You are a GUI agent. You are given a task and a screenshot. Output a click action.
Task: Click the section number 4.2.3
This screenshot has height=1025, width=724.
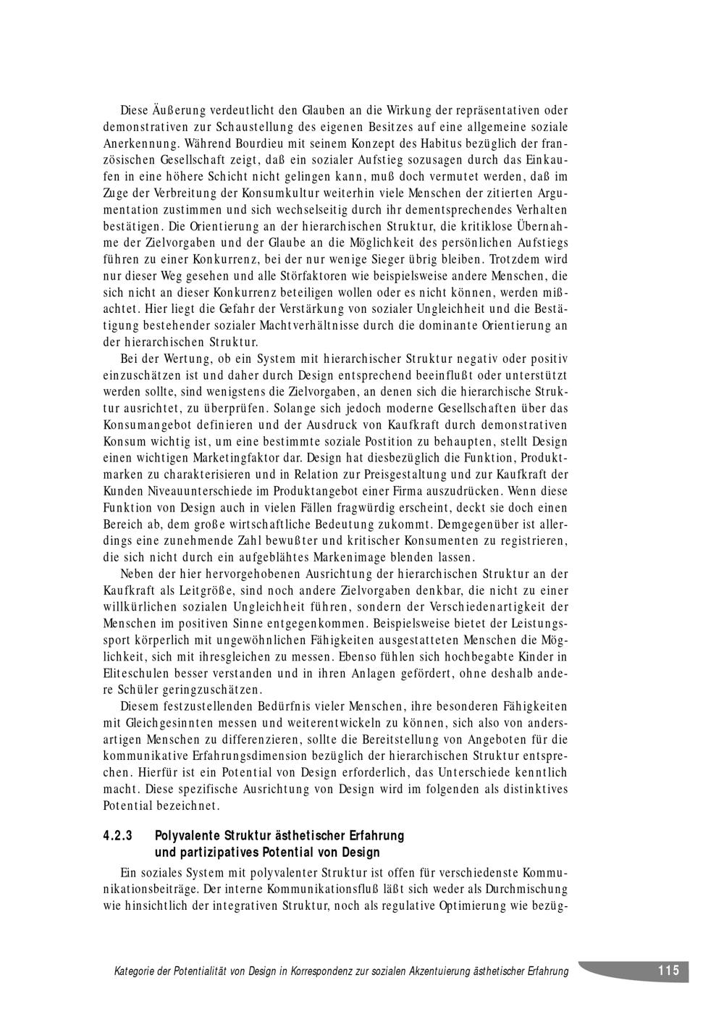(x=118, y=835)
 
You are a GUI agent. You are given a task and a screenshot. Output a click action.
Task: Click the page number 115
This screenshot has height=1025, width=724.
(x=668, y=971)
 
